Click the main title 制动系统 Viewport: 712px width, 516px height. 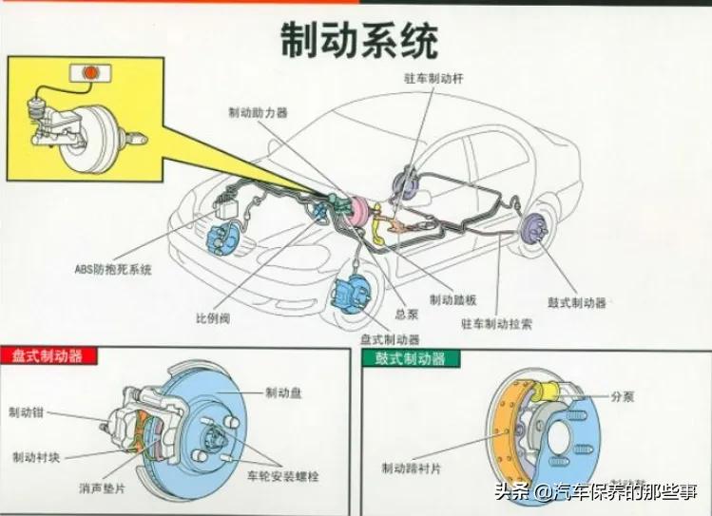tap(358, 40)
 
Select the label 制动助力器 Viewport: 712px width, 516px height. tap(258, 112)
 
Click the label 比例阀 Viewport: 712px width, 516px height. tap(212, 318)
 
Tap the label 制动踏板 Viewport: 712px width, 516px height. tap(452, 299)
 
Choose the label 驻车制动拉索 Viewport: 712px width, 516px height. tap(496, 324)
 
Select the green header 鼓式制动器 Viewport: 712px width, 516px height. tap(412, 358)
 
